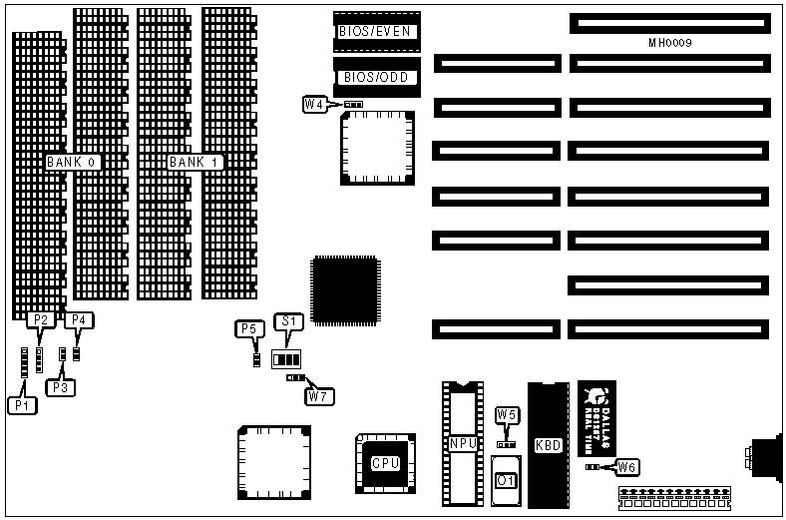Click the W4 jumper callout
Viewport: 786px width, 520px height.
point(314,104)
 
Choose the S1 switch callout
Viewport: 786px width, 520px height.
point(288,321)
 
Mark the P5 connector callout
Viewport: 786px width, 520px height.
point(248,328)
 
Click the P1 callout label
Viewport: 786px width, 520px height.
point(21,405)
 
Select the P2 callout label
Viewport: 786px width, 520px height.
point(41,319)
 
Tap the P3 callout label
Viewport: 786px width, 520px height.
point(60,386)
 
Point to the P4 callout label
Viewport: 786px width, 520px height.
point(79,319)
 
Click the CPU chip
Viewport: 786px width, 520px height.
point(385,463)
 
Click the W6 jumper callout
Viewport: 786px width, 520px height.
point(626,466)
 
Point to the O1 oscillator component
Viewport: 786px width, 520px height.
point(506,481)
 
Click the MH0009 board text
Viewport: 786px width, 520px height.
point(669,44)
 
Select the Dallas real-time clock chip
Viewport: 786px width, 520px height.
point(596,416)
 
